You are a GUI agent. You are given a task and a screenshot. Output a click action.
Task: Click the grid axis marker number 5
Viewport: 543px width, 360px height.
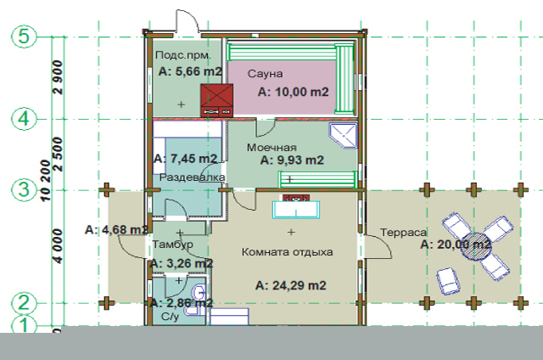(24, 37)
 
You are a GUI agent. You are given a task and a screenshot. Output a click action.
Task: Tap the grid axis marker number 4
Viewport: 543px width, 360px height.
(24, 119)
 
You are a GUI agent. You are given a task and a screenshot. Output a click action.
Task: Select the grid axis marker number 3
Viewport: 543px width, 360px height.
(24, 190)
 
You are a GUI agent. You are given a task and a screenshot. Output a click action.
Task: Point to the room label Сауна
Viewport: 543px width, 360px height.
(265, 74)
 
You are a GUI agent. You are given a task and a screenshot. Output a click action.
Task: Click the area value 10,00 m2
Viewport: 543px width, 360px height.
(294, 92)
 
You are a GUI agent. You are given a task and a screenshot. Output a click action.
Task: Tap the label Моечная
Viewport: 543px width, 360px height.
(271, 148)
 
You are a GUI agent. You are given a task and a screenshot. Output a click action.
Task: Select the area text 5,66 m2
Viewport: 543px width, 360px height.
(190, 71)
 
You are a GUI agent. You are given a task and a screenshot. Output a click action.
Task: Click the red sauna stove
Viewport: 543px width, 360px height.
(217, 100)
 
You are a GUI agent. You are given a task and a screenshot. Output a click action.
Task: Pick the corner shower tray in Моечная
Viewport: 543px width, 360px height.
(343, 136)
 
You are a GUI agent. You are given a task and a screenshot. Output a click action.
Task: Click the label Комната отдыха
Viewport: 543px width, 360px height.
(287, 252)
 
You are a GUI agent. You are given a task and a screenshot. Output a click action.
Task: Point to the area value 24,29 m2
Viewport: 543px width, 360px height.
(290, 285)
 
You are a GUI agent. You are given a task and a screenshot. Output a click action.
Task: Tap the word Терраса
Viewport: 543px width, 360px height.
(404, 232)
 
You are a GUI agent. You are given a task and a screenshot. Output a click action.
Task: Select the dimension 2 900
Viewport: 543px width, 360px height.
(59, 77)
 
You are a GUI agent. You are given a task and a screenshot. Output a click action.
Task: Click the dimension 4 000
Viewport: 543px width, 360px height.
(59, 245)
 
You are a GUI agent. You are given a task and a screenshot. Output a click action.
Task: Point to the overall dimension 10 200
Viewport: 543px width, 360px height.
(45, 180)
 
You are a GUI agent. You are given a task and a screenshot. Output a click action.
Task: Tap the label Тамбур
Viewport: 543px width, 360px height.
(173, 245)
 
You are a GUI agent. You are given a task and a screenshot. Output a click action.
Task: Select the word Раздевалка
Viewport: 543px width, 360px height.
(192, 177)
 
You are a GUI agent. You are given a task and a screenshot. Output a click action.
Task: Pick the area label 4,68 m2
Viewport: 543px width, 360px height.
(117, 230)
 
